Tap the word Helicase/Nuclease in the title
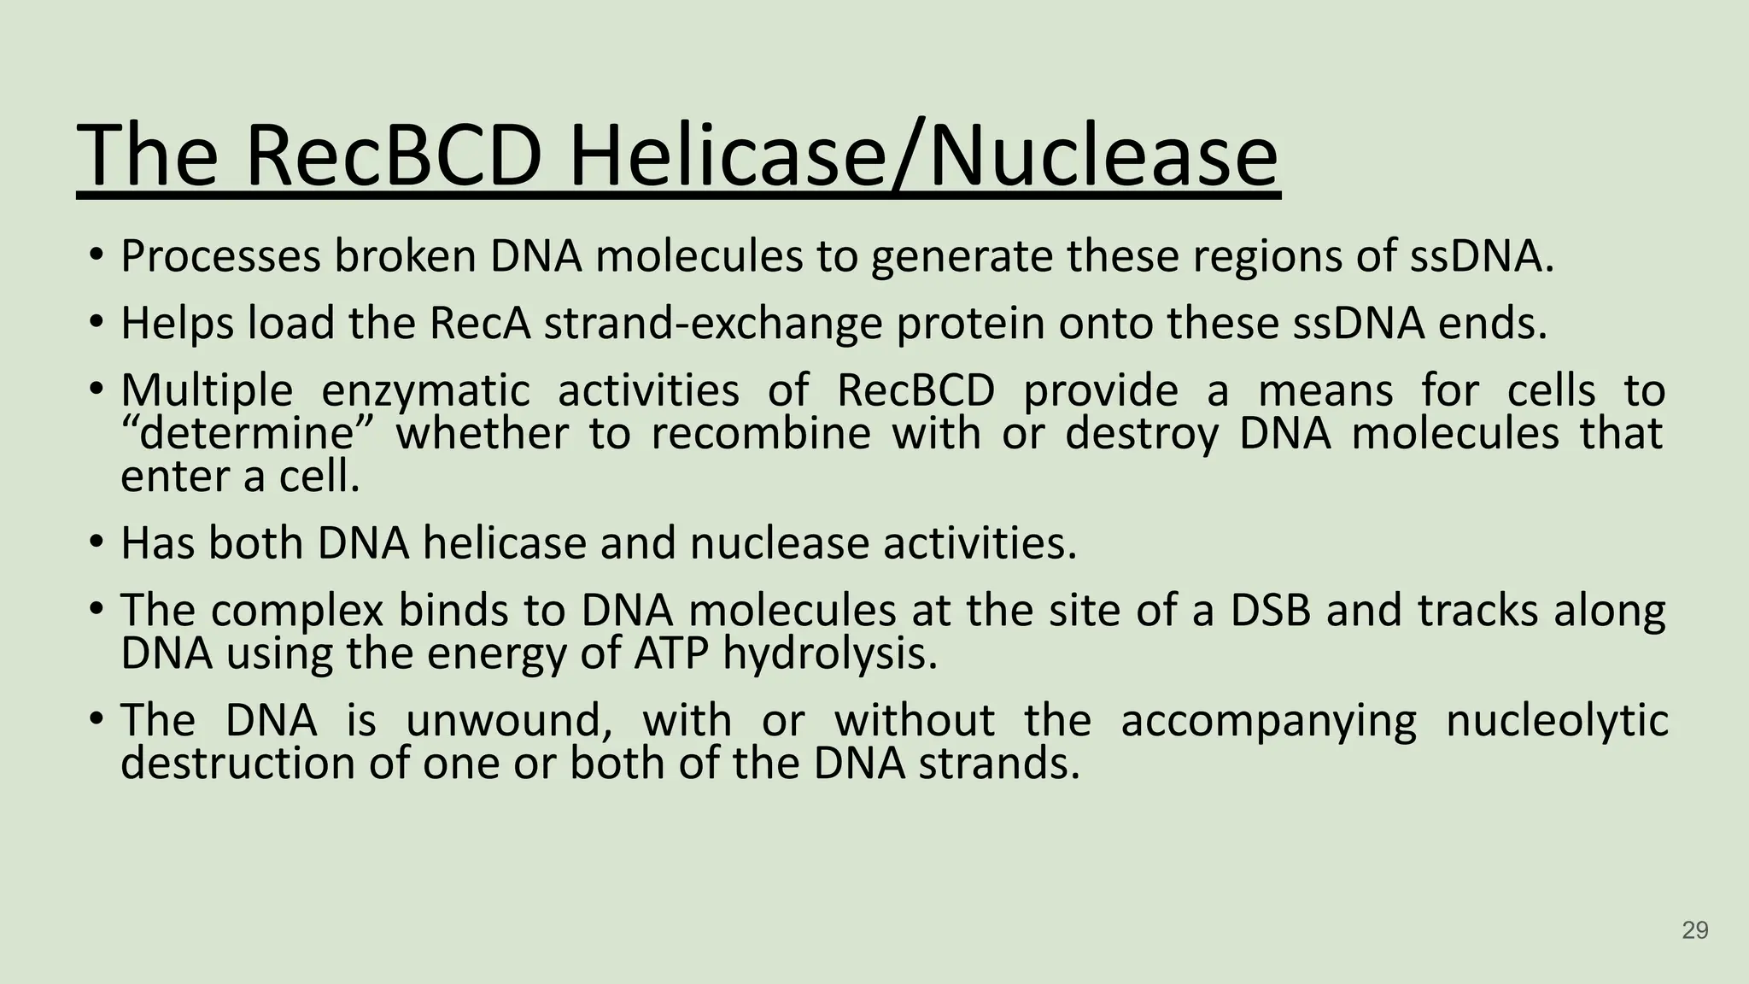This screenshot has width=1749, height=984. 923,157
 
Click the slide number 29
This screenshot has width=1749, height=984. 1694,930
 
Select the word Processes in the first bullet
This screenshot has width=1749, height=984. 221,256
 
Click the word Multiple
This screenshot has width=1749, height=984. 207,391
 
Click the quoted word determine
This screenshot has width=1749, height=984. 247,434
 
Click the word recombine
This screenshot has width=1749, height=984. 760,434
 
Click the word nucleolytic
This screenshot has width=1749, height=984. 1556,720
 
